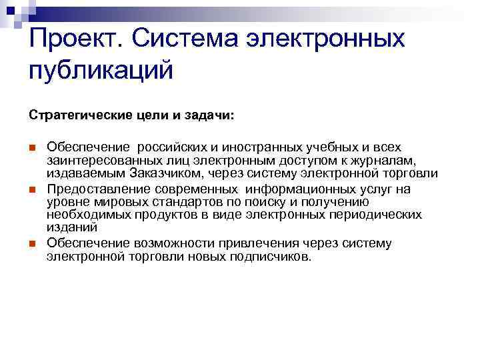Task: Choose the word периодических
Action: [x=373, y=215]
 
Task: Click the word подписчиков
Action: [x=271, y=256]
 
